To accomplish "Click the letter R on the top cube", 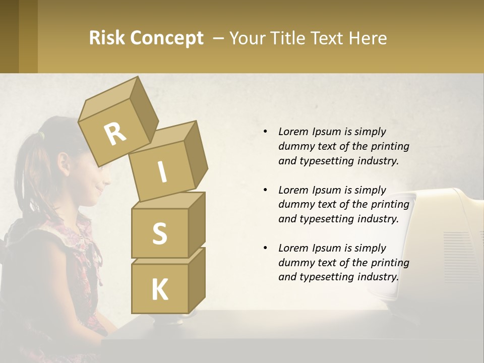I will (x=115, y=134).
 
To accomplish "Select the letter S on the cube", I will (x=159, y=233).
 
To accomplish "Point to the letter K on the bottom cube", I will (x=159, y=289).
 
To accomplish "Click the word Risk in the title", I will (x=107, y=38).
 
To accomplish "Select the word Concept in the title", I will (x=166, y=38).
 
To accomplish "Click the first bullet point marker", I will (x=266, y=132).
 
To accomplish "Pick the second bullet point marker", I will (x=266, y=190).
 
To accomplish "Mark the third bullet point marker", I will (x=266, y=248).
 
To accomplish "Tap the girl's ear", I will (x=64, y=164).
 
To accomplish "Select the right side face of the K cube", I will (x=197, y=280).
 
